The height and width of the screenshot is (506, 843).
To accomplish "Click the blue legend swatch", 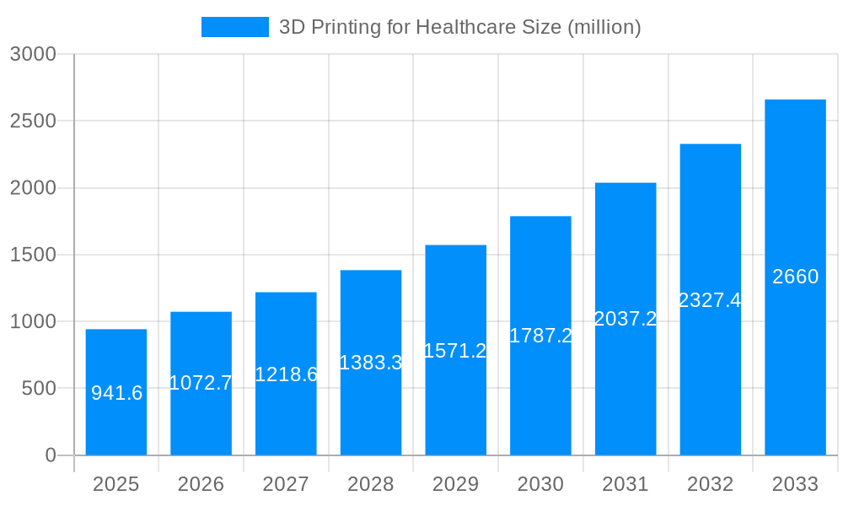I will [234, 27].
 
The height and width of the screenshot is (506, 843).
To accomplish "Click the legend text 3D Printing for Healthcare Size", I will [459, 27].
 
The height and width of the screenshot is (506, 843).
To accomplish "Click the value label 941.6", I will [116, 393].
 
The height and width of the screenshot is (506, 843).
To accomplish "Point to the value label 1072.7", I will [201, 383].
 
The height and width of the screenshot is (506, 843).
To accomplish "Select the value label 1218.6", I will [286, 374].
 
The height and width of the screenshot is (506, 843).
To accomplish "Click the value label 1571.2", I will [455, 351].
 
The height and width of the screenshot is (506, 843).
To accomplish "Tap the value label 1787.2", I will [540, 336].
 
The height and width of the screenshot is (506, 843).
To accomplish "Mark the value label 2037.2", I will [626, 319].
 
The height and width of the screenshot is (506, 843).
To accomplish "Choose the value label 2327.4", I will [710, 300].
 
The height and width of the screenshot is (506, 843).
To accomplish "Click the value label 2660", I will [795, 277].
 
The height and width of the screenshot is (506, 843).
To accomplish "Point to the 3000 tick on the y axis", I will [33, 54].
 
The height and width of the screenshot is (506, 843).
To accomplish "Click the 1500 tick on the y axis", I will [33, 255].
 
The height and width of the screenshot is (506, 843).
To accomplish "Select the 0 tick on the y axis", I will [50, 455].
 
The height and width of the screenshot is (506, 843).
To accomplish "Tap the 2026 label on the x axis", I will [201, 484].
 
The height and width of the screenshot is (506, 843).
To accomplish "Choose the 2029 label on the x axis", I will [455, 484].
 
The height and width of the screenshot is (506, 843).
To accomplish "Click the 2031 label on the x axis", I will [626, 484].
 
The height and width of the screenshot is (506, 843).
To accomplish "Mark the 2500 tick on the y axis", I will [33, 121].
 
